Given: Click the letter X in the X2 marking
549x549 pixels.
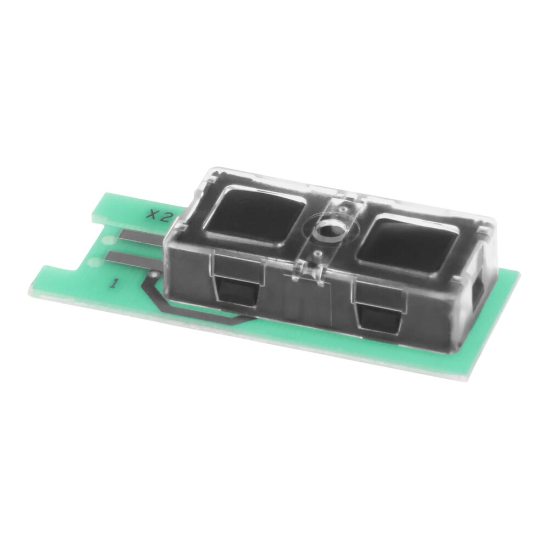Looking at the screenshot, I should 150,214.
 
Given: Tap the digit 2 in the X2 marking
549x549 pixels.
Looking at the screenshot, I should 163,217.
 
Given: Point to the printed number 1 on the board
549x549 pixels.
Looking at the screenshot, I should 114,283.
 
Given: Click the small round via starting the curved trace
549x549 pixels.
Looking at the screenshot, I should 155,274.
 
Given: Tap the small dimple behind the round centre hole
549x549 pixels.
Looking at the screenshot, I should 343,208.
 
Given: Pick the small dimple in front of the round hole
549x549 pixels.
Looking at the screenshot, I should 317,254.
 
